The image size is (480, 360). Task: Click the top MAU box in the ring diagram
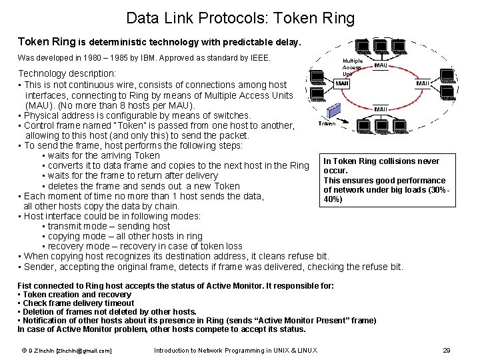tap(381, 65)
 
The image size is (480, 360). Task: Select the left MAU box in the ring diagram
tap(342, 84)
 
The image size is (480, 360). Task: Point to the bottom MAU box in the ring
tap(381, 109)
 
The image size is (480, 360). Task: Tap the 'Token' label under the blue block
tap(327, 124)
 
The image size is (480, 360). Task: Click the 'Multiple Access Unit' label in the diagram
tap(352, 67)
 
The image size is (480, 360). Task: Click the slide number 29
tap(447, 351)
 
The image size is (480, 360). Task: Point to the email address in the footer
tap(83, 351)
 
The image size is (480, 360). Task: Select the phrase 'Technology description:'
tap(67, 73)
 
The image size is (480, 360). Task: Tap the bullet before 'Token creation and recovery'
tap(19, 295)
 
